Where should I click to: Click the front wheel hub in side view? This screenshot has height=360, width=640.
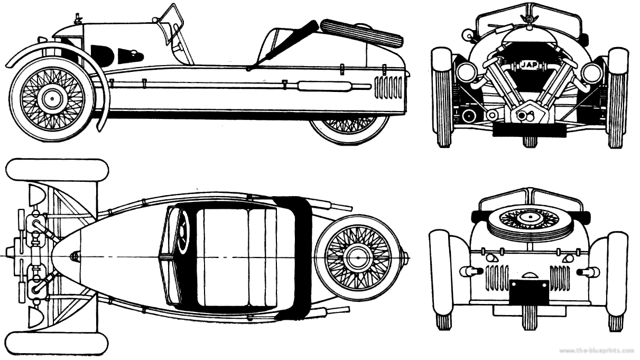(52, 98)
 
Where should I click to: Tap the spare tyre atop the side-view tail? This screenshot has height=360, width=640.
(362, 32)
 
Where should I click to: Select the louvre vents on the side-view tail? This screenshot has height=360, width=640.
(388, 87)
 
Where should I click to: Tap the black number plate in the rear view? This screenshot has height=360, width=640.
(528, 291)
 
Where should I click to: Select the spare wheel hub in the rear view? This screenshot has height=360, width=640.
(528, 217)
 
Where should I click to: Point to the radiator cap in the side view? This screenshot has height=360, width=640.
(79, 19)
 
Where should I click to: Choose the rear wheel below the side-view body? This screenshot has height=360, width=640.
(349, 130)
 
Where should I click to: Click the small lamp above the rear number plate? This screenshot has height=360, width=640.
(528, 275)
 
